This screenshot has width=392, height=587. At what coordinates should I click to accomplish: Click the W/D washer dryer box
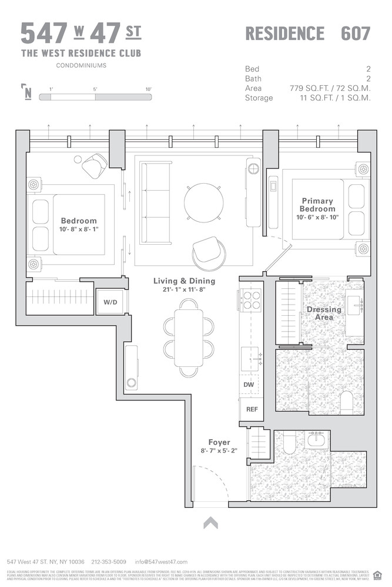[x=110, y=303]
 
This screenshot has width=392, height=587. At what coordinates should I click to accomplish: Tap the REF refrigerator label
[x=252, y=409]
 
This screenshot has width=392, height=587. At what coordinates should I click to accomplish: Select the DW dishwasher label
[x=249, y=384]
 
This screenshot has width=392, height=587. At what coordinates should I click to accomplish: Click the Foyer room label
[x=219, y=442]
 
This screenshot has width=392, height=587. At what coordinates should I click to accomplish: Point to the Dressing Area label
[x=324, y=313]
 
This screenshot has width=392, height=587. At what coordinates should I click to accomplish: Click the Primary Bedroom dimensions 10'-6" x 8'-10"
[x=317, y=217]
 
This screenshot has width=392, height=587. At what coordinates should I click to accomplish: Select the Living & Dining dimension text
[x=185, y=290]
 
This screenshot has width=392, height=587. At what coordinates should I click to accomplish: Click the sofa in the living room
[x=155, y=204]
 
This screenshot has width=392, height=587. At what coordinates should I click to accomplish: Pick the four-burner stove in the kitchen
[x=252, y=301]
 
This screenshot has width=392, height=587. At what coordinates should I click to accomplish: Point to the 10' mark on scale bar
[x=148, y=89]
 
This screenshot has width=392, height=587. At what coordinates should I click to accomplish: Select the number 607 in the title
[x=356, y=33]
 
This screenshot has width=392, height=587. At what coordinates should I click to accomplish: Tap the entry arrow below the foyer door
[x=210, y=522]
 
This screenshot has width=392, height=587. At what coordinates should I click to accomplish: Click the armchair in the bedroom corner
[x=95, y=166]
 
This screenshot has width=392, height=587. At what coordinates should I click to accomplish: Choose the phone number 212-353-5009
[x=109, y=562]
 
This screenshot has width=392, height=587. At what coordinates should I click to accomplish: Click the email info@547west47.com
[x=161, y=562]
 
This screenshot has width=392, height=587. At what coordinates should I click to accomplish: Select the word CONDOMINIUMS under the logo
[x=81, y=66]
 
